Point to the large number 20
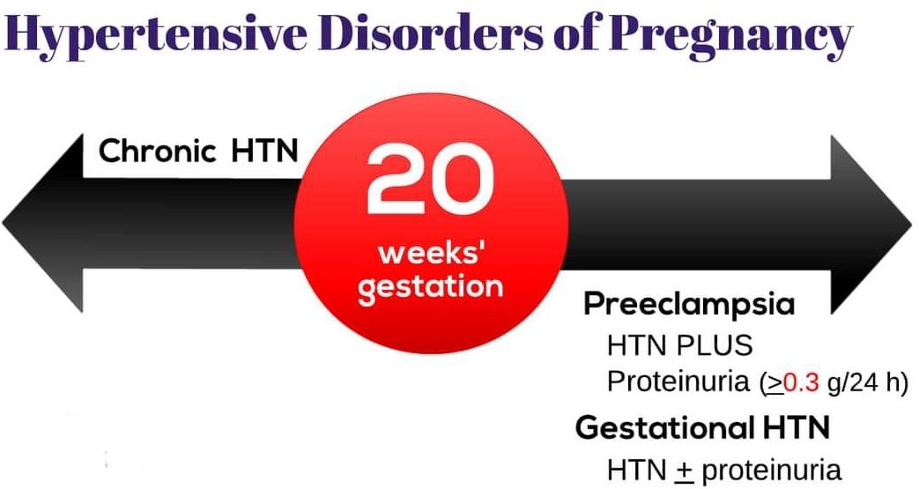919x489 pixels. point(425,180)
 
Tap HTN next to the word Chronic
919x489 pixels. point(264,152)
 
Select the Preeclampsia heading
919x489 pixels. point(689,305)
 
